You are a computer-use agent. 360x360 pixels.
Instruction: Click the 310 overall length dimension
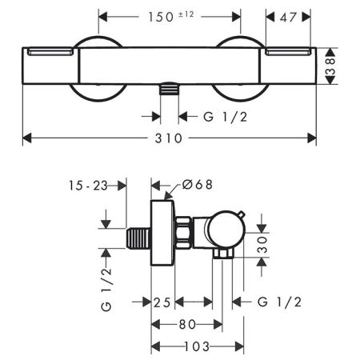coord(169,138)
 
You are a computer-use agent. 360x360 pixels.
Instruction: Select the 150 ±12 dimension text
coord(170,16)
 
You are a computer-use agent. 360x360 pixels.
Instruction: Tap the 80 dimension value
coord(187,324)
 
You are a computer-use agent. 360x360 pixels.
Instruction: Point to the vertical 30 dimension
coord(261,243)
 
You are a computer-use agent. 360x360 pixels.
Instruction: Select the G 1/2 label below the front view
coord(219,117)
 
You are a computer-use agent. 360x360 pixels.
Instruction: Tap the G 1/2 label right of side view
coord(280,302)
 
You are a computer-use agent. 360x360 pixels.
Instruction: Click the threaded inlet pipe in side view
coord(139,238)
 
